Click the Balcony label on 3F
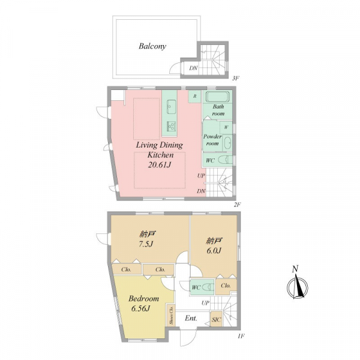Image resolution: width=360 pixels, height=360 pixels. [152, 46]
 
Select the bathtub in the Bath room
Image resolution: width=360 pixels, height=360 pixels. [217, 97]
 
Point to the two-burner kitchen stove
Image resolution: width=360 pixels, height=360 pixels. [171, 126]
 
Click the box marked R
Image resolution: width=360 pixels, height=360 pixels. [194, 97]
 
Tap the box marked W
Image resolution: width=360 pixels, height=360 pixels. [226, 127]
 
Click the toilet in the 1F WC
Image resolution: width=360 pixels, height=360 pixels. [208, 287]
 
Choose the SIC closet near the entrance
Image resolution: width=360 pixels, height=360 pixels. [216, 319]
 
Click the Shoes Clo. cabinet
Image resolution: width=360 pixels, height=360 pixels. [171, 315]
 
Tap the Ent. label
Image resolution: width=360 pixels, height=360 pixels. [191, 319]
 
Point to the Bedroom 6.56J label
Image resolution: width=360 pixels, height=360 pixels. [143, 303]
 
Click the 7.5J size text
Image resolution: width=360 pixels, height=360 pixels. [145, 244]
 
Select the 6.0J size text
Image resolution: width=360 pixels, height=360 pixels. [214, 250]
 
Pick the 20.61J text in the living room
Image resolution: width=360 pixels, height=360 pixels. [160, 165]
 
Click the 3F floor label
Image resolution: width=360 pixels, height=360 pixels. [236, 78]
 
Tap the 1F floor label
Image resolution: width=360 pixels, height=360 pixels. [241, 337]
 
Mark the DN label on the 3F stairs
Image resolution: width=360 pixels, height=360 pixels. [193, 68]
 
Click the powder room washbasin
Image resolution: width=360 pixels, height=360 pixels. [227, 143]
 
